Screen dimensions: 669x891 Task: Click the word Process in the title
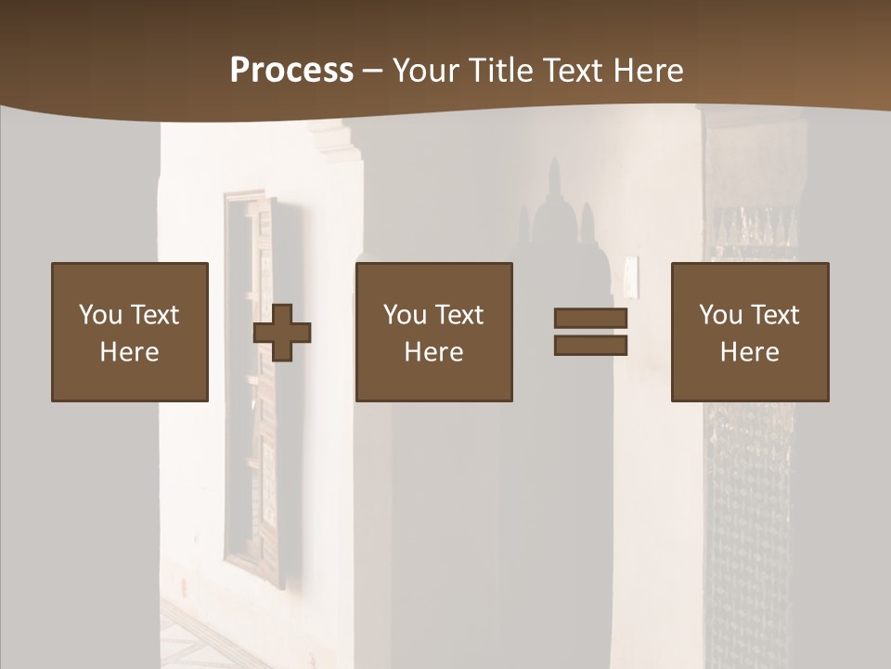pyautogui.click(x=291, y=71)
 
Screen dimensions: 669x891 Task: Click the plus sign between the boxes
pyautogui.click(x=282, y=333)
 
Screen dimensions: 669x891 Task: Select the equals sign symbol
pyautogui.click(x=590, y=332)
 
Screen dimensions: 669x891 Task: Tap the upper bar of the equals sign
pyautogui.click(x=590, y=319)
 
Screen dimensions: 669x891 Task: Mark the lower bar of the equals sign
pyautogui.click(x=590, y=346)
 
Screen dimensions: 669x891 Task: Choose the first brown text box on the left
pyautogui.click(x=130, y=332)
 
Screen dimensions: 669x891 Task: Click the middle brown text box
pyautogui.click(x=433, y=332)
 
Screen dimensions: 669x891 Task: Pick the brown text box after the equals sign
pyautogui.click(x=750, y=332)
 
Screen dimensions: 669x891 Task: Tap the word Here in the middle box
pyautogui.click(x=433, y=352)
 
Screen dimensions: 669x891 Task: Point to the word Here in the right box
pyautogui.click(x=750, y=352)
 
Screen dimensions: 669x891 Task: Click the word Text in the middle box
pyautogui.click(x=459, y=315)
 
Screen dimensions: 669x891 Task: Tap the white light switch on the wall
pyautogui.click(x=631, y=273)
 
